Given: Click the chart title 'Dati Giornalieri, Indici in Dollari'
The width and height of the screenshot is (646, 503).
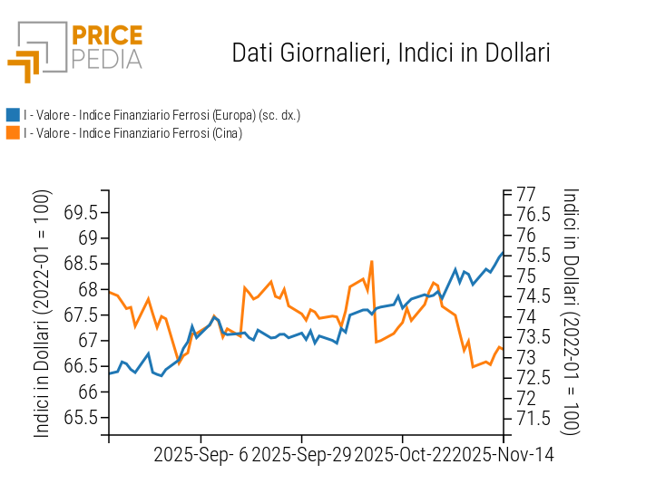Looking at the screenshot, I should (x=391, y=53).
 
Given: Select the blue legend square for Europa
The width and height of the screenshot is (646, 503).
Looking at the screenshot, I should (x=13, y=115).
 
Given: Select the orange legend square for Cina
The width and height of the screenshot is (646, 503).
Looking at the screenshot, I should (x=13, y=133).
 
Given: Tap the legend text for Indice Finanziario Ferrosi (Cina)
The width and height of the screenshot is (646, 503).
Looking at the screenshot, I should (x=132, y=133).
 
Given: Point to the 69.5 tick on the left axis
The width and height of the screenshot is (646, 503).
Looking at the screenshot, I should (x=82, y=213).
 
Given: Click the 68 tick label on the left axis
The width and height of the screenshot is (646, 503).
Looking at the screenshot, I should (x=87, y=290).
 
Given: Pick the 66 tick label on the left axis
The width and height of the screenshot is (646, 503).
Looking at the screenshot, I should (x=87, y=392).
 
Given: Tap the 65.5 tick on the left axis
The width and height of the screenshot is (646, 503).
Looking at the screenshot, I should (x=82, y=418).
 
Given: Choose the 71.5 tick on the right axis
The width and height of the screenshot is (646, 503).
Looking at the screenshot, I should (x=533, y=419).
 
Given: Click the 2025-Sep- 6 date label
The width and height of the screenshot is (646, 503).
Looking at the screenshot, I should (x=201, y=454).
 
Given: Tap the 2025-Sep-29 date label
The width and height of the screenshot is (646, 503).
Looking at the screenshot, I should (x=300, y=454).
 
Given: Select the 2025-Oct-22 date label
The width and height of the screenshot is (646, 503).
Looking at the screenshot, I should (x=403, y=454).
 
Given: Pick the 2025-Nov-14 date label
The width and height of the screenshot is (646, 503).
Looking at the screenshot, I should (x=504, y=454).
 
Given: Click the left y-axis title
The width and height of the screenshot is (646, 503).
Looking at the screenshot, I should (x=43, y=314).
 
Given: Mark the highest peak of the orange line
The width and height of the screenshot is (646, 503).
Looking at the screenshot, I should (x=371, y=262).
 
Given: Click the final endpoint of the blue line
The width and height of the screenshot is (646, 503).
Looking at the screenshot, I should (x=503, y=253).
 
